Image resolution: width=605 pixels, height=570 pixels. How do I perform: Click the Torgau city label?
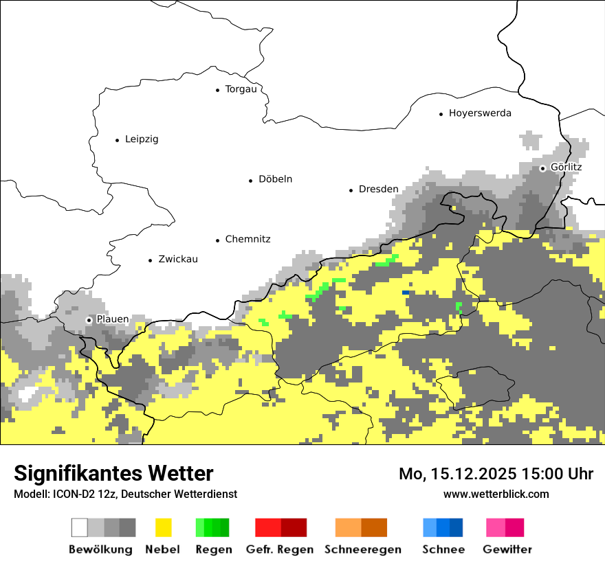(241, 89)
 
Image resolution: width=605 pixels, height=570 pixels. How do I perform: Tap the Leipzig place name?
(142, 139)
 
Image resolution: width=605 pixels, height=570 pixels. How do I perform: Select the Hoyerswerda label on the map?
(480, 113)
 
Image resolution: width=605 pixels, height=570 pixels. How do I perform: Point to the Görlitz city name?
(566, 168)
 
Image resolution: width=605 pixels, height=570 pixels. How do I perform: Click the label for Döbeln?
(275, 179)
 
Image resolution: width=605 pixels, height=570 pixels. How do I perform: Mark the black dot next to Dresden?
(351, 190)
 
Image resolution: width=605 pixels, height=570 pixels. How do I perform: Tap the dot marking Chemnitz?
(218, 240)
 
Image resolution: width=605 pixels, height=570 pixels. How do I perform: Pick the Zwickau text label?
(177, 260)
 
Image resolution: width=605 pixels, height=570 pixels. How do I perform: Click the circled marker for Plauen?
(89, 320)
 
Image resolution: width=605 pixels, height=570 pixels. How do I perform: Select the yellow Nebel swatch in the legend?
(163, 527)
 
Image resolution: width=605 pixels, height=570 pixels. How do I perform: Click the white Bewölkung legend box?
(80, 527)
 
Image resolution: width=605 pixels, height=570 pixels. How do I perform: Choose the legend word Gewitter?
(507, 549)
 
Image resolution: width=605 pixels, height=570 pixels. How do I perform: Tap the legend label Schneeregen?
(363, 549)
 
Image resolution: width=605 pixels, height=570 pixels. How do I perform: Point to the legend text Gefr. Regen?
(280, 549)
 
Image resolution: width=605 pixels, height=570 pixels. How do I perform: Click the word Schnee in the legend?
(443, 549)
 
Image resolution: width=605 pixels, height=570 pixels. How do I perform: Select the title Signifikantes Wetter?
(113, 473)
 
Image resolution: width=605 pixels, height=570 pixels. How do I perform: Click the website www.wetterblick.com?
(496, 494)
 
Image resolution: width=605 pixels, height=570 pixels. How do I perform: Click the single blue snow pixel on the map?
(406, 293)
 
